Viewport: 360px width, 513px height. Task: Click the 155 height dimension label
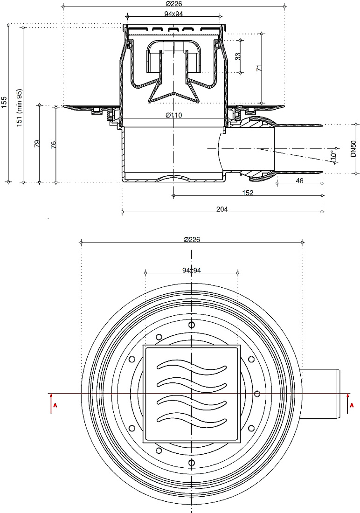point(4,103)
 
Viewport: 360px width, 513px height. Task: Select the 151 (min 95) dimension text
point(20,108)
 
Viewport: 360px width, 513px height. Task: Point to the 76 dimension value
point(54,145)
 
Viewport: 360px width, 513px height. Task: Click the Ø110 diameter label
point(174,115)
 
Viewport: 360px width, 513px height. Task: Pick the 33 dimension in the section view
point(238,56)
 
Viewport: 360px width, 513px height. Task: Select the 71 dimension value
point(259,69)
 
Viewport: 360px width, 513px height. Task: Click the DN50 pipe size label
point(353,149)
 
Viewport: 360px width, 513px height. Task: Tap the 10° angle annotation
point(333,155)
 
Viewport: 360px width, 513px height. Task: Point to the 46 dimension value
point(299,180)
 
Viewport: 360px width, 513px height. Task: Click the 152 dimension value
point(248,193)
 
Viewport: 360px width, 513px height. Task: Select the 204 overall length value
point(222,209)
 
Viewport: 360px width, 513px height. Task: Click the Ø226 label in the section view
point(174,4)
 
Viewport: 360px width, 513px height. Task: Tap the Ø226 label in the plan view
point(192,240)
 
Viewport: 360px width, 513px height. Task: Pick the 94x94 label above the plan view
point(192,270)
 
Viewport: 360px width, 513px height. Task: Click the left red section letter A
point(55,405)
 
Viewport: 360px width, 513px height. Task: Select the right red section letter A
point(352,405)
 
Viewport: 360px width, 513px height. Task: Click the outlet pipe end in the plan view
point(339,395)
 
